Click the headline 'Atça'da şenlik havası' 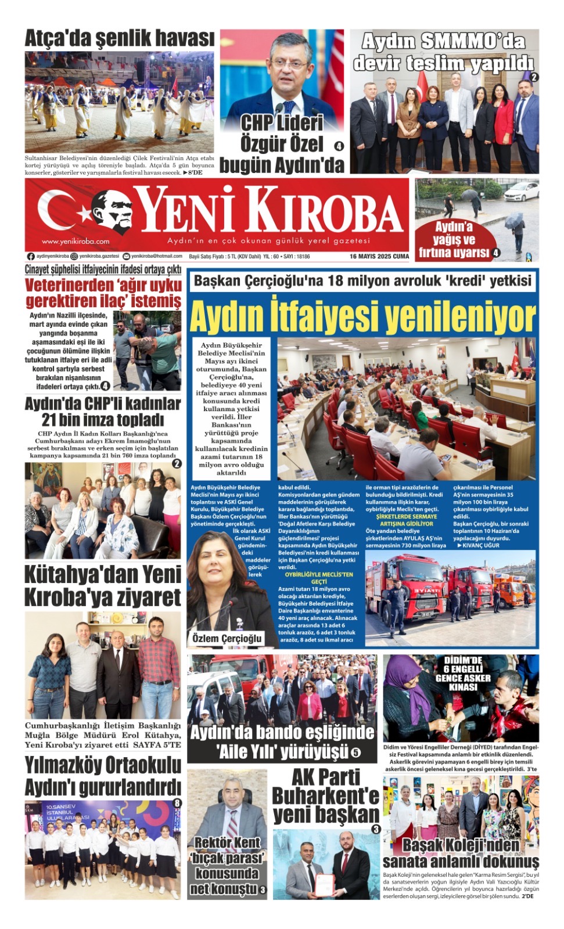click(119, 39)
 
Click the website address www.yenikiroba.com click(76, 242)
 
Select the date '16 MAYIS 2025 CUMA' click(379, 256)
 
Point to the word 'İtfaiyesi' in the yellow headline click(325, 317)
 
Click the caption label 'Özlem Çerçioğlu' click(227, 639)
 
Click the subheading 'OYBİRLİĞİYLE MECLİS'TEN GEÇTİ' click(319, 578)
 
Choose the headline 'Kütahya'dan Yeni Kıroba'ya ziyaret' click(103, 586)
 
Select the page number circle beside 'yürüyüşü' click(355, 753)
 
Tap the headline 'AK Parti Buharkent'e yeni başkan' click(325, 795)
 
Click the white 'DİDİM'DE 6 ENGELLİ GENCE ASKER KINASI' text click(463, 674)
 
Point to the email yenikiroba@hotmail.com click(156, 256)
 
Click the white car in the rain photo click(520, 192)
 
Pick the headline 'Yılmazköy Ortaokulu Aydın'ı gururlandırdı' click(103, 776)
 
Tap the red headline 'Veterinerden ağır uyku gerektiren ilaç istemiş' click(103, 293)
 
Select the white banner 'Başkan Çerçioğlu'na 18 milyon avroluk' click(362, 281)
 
